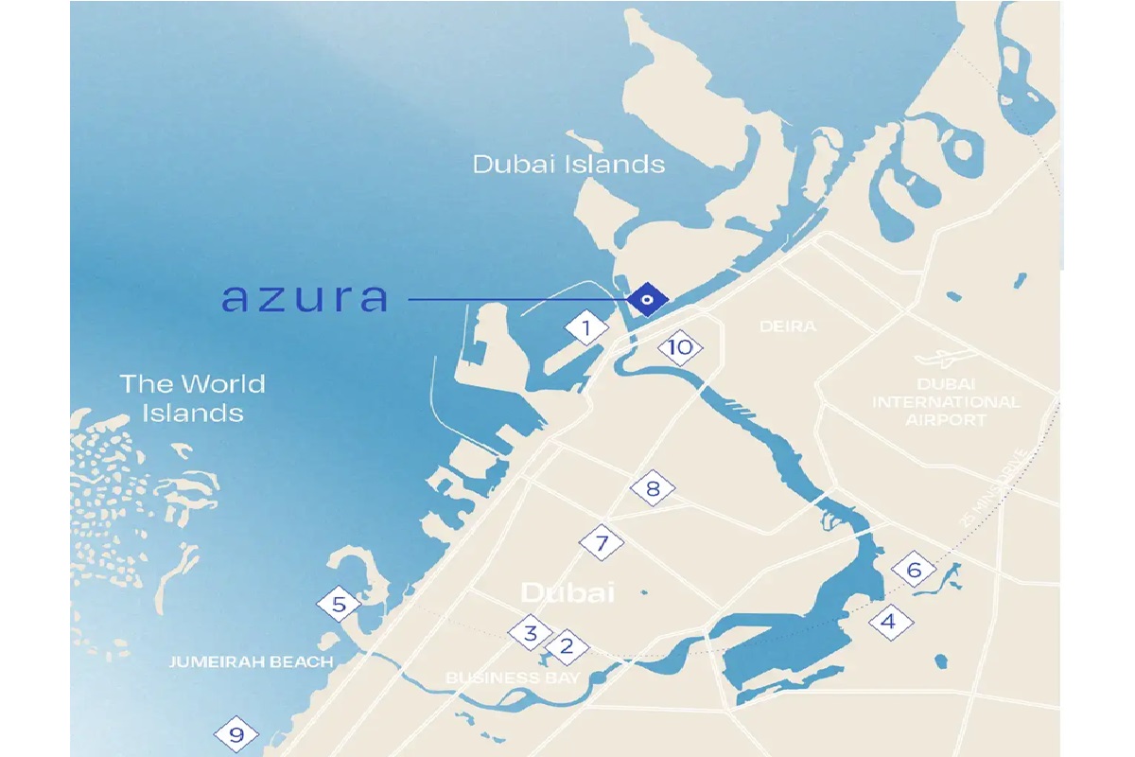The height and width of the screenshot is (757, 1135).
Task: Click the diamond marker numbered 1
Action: click(x=586, y=329)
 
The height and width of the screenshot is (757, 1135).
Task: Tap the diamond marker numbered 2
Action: click(x=567, y=647)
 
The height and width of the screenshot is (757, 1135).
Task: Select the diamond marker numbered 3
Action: click(x=531, y=633)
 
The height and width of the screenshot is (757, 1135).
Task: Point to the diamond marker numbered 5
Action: click(x=339, y=604)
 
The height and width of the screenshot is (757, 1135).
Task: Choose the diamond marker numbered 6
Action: click(x=914, y=570)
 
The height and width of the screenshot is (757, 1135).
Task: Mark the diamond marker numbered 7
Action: click(x=602, y=544)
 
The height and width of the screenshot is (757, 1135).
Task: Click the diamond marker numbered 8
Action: click(x=653, y=490)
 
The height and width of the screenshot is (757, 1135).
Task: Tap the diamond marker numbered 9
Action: click(x=236, y=734)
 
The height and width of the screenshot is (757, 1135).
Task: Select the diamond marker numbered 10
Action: click(x=680, y=347)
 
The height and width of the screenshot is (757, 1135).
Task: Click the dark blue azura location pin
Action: click(x=647, y=300)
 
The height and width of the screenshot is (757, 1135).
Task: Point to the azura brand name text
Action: click(x=305, y=297)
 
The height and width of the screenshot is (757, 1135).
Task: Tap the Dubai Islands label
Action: click(x=568, y=164)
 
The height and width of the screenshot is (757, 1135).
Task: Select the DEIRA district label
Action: click(x=787, y=326)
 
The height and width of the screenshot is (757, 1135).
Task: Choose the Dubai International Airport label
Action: click(x=946, y=402)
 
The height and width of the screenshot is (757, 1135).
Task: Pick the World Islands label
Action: click(x=192, y=398)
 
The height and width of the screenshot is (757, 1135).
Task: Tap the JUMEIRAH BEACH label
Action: click(x=251, y=661)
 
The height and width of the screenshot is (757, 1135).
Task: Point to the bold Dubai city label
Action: click(x=567, y=593)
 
